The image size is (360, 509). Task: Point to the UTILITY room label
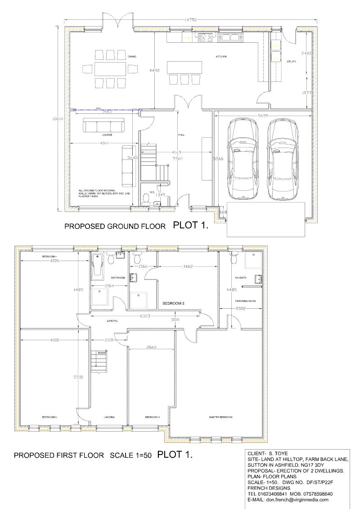291,61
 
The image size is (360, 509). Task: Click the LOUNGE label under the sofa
107,135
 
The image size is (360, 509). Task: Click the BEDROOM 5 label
174,304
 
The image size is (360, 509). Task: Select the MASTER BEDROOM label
220,418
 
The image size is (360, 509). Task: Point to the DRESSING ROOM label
245,301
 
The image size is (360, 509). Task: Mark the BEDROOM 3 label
49,418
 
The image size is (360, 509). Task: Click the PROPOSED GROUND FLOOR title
115,226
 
